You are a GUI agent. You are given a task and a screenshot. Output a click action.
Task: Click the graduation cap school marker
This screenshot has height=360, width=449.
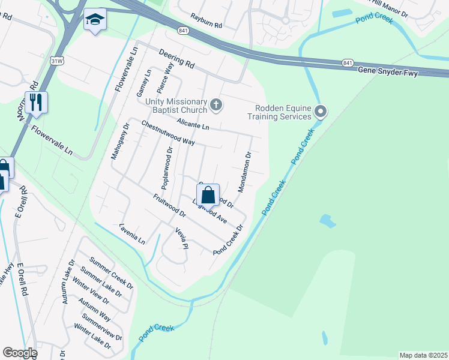pyautogui.click(x=95, y=20)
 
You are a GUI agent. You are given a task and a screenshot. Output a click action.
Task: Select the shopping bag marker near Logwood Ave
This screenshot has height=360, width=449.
pyautogui.click(x=208, y=195)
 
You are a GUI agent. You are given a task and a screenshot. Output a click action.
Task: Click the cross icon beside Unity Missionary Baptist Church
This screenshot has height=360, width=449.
pyautogui.click(x=216, y=106)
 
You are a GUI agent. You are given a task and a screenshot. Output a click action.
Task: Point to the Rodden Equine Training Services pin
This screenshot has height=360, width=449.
pyautogui.click(x=321, y=111)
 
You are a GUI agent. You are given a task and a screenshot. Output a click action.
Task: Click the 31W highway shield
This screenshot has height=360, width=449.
pyautogui.click(x=56, y=61)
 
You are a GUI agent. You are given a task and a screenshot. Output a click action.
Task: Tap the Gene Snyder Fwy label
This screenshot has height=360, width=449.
pyautogui.click(x=396, y=71)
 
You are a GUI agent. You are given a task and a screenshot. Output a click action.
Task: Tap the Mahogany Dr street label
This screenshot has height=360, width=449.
pyautogui.click(x=117, y=142)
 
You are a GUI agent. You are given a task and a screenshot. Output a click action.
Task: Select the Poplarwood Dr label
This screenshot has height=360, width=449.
pyautogui.click(x=169, y=166)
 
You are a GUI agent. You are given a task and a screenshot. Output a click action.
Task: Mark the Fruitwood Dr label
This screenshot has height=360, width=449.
pyautogui.click(x=169, y=206)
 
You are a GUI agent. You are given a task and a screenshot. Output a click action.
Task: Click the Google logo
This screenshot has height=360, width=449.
pyautogui.click(x=20, y=353)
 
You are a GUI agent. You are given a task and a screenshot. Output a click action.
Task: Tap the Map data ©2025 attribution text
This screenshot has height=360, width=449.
pyautogui.click(x=423, y=355)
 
